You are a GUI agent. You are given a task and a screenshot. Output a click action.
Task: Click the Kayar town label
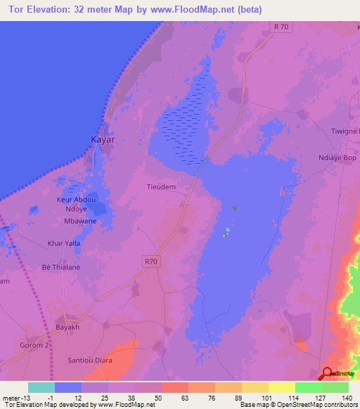point(103,140)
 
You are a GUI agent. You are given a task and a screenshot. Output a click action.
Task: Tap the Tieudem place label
point(160,187)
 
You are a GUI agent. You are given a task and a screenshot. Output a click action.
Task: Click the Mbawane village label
point(80,221)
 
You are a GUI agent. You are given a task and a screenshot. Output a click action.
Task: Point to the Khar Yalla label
point(63,243)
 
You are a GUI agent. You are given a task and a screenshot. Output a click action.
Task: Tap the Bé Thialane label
point(60,267)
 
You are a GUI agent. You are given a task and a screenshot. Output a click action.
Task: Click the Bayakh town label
point(70,327)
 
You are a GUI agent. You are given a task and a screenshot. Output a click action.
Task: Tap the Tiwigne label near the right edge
point(345,131)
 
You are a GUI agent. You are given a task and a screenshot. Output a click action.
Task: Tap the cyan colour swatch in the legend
point(41,387)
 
